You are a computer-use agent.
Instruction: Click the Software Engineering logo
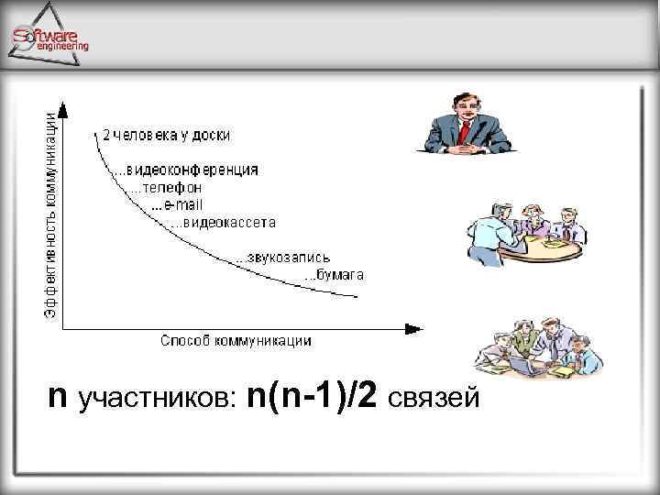(50, 37)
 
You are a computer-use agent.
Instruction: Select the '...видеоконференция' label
(184, 170)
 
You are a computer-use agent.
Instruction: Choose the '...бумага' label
(334, 274)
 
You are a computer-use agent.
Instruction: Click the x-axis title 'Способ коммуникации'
(236, 341)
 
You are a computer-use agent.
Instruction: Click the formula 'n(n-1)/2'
(314, 398)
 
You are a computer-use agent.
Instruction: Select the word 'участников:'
(159, 400)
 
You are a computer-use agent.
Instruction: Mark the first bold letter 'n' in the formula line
(58, 398)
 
